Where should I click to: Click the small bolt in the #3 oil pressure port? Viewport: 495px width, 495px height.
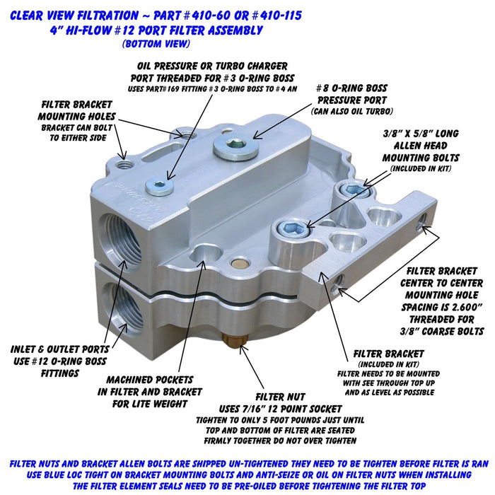click(x=159, y=186)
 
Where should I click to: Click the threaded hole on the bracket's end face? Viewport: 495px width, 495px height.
click(x=423, y=224)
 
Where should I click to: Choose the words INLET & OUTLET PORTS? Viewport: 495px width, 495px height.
click(x=59, y=349)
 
